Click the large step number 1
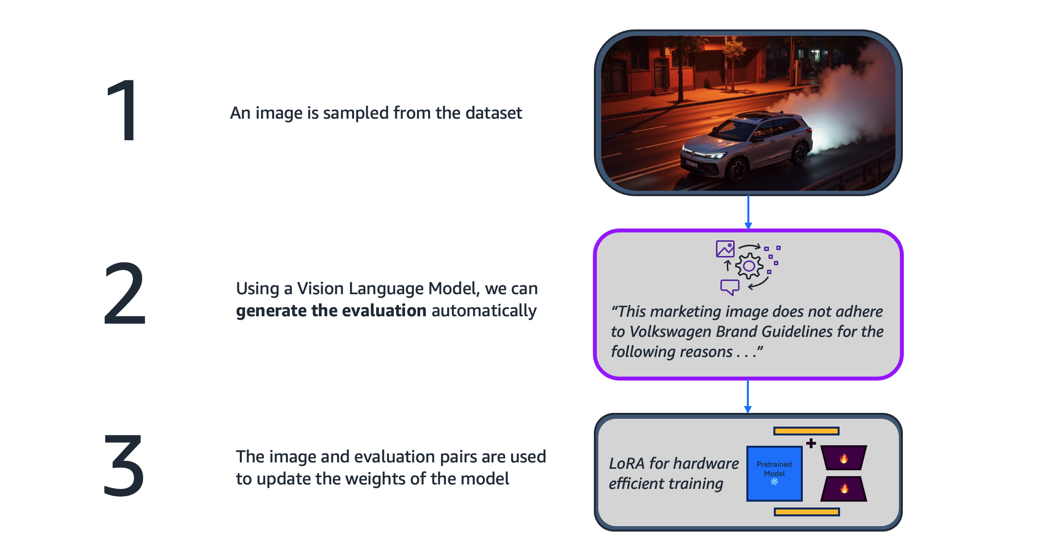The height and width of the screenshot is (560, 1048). (123, 110)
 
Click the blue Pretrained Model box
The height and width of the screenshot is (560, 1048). (774, 473)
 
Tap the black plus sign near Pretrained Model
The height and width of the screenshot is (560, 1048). (811, 443)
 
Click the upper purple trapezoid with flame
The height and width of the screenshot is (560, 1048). (844, 458)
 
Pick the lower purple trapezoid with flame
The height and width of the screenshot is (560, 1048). (844, 488)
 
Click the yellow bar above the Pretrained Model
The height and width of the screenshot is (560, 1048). (806, 431)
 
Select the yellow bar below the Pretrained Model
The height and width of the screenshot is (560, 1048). (806, 512)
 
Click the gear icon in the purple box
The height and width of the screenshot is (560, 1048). (749, 266)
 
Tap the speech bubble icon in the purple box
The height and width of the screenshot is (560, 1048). (730, 286)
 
